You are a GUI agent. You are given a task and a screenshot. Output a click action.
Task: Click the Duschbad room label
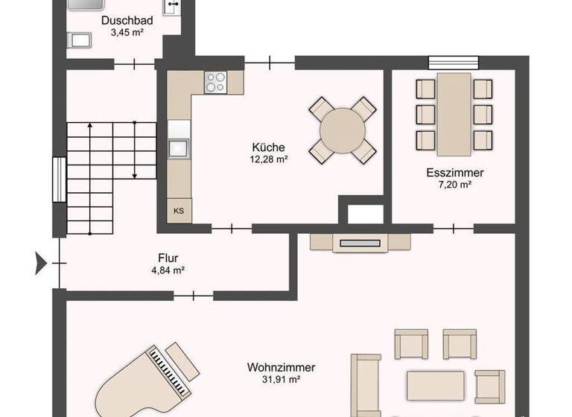127,21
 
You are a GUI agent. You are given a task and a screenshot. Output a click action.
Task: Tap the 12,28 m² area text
269,159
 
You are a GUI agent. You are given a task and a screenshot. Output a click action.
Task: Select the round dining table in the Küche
343,130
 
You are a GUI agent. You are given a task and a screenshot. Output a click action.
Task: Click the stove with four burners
216,81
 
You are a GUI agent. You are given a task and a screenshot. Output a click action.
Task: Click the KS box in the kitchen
179,211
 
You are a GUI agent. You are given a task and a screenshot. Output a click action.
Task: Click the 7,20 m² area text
454,184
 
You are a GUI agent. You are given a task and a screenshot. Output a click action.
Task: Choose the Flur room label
168,258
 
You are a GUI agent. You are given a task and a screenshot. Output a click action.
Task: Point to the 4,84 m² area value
168,270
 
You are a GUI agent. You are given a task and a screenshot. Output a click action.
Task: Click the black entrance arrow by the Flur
41,262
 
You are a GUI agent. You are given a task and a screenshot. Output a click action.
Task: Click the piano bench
183,358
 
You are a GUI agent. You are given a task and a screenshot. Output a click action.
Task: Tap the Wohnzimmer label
281,367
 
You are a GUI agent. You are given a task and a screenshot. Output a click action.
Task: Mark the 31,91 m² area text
281,379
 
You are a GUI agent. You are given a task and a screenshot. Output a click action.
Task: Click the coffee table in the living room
436,385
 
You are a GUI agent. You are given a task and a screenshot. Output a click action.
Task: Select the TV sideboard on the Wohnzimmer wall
361,242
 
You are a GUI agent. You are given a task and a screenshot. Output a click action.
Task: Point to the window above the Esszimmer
449,63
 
